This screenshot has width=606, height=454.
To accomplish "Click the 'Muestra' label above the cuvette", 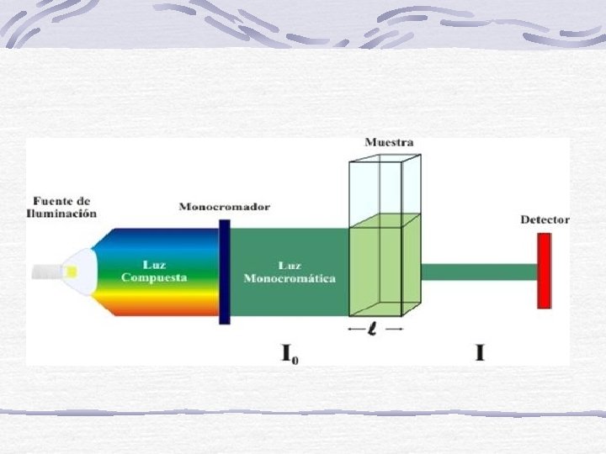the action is (388, 142).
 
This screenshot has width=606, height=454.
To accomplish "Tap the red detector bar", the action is (544, 272).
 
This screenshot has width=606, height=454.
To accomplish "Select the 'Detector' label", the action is (545, 219).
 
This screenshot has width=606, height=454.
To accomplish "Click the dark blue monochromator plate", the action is (225, 272).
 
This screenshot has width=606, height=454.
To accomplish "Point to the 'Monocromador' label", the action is (224, 207).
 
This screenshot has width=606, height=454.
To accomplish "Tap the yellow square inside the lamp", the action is (72, 271).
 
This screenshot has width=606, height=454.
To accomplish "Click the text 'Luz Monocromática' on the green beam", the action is (289, 272).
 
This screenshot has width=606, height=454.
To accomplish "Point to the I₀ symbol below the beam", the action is (290, 353).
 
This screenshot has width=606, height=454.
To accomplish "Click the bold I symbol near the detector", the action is (480, 353).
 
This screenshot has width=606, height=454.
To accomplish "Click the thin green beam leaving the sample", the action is (478, 272).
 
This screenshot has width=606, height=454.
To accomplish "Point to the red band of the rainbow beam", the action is (160, 310).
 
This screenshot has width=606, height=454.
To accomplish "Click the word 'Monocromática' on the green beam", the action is (289, 278).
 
